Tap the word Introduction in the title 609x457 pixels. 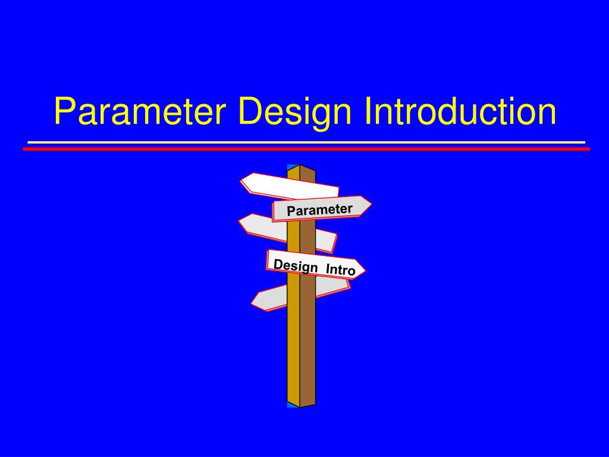point(462,112)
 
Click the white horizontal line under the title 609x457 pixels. point(306,142)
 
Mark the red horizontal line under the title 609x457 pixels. point(306,149)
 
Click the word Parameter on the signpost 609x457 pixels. point(319,209)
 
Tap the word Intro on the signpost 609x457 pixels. point(340,270)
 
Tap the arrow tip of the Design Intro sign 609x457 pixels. point(363,269)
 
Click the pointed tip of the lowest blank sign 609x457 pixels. point(253,301)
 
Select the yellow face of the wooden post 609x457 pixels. point(293,345)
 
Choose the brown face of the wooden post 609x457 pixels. point(307,345)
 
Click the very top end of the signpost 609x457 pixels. point(300,166)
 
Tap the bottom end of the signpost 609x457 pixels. point(300,406)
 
